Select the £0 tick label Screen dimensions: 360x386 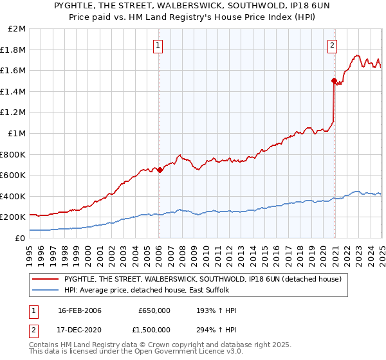click(x=20, y=238)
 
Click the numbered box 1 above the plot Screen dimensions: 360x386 click(x=158, y=45)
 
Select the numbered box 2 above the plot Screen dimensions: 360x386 click(x=332, y=45)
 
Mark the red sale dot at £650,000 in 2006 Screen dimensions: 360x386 click(x=160, y=170)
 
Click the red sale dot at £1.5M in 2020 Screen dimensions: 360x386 click(x=334, y=81)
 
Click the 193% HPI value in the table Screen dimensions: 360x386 click(x=212, y=310)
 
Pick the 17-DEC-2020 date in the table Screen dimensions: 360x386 click(x=79, y=330)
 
